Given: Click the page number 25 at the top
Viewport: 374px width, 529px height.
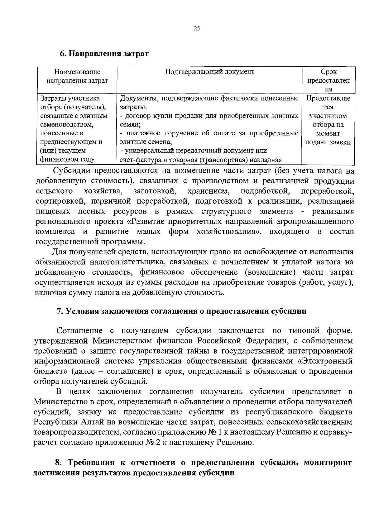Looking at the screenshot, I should click(x=196, y=29).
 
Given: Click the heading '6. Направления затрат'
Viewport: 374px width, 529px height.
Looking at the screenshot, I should click(x=104, y=53).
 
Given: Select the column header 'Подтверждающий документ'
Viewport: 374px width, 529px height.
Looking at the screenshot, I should click(x=209, y=72).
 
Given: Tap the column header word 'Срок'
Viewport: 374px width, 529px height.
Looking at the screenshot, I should click(x=328, y=72).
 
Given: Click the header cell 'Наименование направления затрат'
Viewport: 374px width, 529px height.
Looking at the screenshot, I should click(x=77, y=76).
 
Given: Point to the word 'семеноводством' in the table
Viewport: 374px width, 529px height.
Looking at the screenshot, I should click(x=67, y=125).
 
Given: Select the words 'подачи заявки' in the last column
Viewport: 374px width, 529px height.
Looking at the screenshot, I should click(x=328, y=142).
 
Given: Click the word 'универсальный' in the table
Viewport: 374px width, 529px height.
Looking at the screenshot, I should click(x=148, y=151).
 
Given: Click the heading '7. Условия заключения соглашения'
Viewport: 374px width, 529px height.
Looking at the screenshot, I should click(x=181, y=311).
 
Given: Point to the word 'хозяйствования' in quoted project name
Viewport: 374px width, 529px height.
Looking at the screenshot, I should click(x=229, y=232).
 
